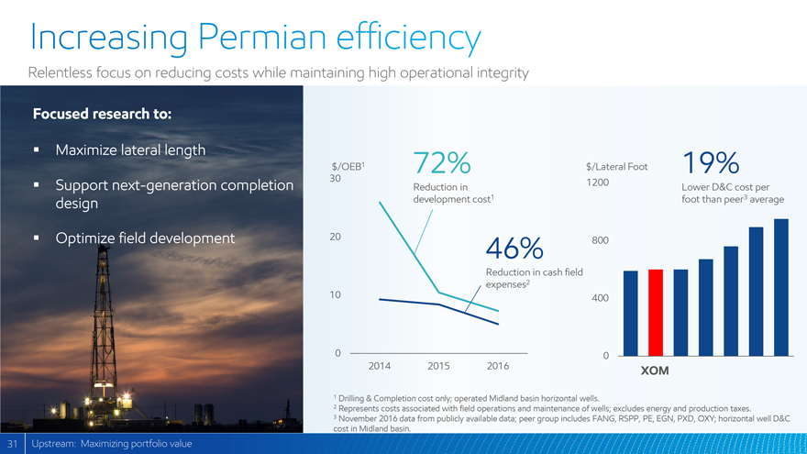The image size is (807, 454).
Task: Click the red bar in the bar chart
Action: pyautogui.click(x=656, y=312)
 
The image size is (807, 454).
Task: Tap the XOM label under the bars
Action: pyautogui.click(x=655, y=371)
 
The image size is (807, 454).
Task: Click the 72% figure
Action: pyautogui.click(x=443, y=163)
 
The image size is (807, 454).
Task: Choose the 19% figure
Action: pyautogui.click(x=711, y=163)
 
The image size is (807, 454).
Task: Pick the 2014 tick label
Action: pyautogui.click(x=381, y=366)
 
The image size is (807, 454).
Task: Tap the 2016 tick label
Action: pyautogui.click(x=498, y=366)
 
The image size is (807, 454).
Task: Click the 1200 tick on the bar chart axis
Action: pyautogui.click(x=597, y=183)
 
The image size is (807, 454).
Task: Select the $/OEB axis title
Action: pyautogui.click(x=348, y=166)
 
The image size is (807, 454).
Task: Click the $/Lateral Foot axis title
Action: pyautogui.click(x=616, y=167)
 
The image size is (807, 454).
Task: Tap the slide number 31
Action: pyautogui.click(x=12, y=445)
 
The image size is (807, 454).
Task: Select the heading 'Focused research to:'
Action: pyautogui.click(x=102, y=114)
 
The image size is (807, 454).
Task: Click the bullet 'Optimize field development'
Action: pyautogui.click(x=145, y=238)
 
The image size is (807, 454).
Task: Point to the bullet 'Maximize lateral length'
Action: pyautogui.click(x=130, y=149)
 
